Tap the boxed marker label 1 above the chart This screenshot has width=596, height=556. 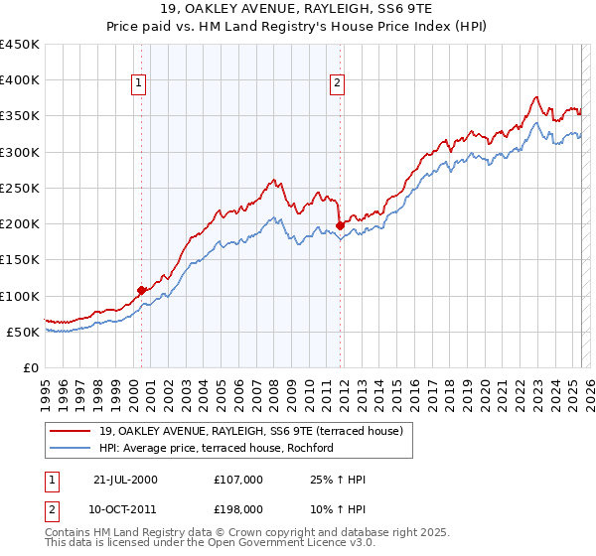point(138,83)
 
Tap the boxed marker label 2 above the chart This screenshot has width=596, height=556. point(338,83)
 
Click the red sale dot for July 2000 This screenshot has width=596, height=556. point(142,290)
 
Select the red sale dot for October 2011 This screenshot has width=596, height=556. point(340,225)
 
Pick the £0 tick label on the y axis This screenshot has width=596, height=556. point(31,367)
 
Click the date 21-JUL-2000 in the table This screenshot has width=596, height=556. point(126,480)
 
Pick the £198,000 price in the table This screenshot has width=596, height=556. point(238,508)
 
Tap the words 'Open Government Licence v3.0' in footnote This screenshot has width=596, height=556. point(258,544)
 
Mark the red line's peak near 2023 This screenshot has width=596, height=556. point(535,97)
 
